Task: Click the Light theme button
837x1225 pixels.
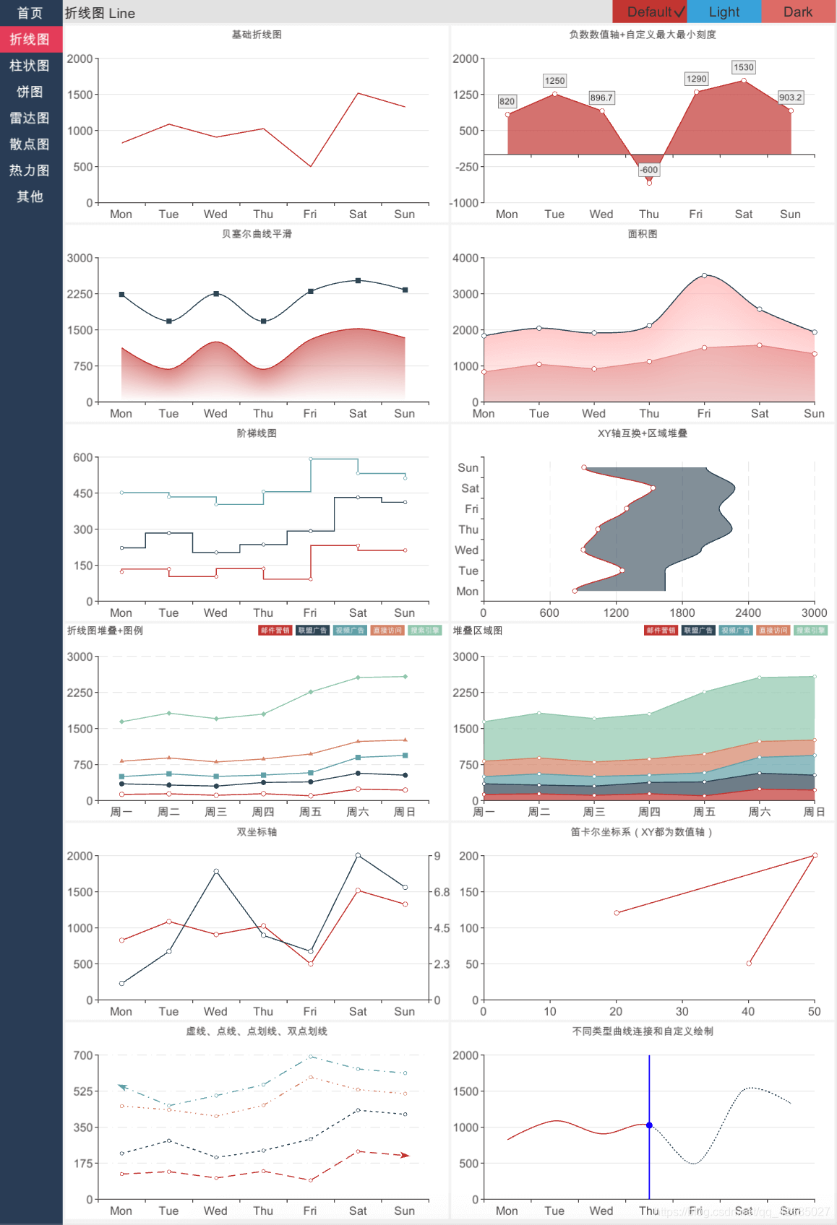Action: [724, 12]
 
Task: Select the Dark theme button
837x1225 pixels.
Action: [797, 12]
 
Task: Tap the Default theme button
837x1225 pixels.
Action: [649, 12]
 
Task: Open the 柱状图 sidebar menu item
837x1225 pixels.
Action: [30, 66]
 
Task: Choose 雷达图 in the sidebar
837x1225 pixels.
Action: [30, 118]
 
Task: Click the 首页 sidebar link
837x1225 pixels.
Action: [30, 13]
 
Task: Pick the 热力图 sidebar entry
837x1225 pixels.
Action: [30, 170]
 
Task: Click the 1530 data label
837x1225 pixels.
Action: [743, 67]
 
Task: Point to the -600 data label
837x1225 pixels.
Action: [649, 170]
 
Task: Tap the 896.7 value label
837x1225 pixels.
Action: [601, 98]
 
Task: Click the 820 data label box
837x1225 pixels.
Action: [507, 101]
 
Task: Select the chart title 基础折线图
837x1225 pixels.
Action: [257, 35]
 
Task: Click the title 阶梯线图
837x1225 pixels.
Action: [257, 433]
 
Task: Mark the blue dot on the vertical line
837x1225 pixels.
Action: [649, 1125]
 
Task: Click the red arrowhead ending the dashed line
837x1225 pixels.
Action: [405, 1155]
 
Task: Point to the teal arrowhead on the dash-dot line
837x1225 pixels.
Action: [122, 1086]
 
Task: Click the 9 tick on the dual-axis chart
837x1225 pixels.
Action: [437, 856]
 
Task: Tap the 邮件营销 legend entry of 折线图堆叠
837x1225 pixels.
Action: [275, 631]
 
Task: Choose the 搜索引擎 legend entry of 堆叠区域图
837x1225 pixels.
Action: [811, 631]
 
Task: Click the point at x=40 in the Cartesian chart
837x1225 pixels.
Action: [749, 964]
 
